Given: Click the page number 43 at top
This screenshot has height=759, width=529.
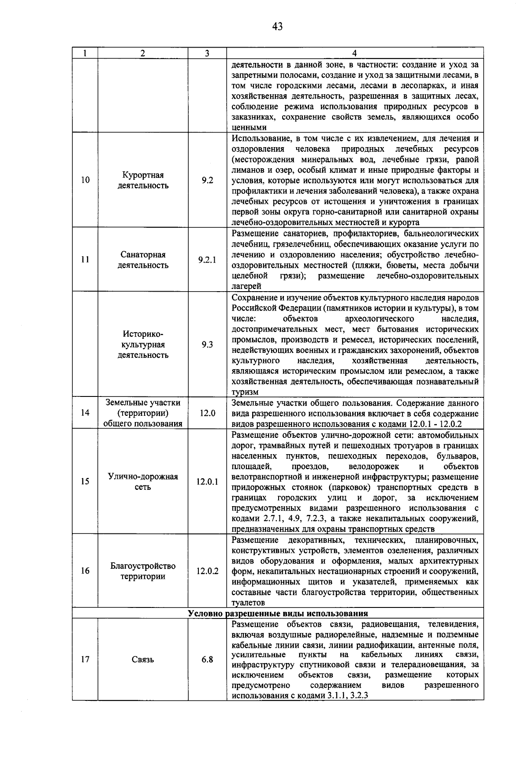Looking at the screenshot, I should click(x=277, y=27).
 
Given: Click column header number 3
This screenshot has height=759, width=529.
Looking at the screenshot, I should click(x=207, y=53).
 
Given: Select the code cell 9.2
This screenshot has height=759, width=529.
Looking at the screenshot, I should click(x=207, y=180).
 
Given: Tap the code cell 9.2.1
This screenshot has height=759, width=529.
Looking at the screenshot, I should click(x=207, y=260).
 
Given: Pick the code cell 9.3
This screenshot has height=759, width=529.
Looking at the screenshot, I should click(x=207, y=345).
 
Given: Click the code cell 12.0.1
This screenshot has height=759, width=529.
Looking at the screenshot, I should click(x=207, y=482).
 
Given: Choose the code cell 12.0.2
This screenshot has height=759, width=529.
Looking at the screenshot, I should click(x=207, y=571).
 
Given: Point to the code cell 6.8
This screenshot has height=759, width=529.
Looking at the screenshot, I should click(x=207, y=659).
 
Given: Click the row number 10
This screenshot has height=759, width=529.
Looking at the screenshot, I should click(x=85, y=180).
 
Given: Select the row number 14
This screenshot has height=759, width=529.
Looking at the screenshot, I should click(x=85, y=413).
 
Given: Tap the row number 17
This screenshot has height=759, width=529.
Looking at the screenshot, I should click(x=85, y=659).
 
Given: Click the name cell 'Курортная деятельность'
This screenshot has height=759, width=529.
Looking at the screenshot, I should click(x=143, y=181).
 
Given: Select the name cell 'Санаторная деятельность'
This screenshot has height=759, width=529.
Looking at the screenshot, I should click(x=143, y=260).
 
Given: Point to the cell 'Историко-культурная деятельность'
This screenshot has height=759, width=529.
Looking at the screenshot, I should click(x=143, y=344).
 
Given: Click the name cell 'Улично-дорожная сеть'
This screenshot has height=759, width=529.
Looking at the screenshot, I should click(x=143, y=482).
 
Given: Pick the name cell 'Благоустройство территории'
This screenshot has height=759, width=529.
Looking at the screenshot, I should click(x=143, y=571).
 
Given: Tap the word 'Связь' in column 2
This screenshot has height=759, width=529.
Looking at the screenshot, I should click(x=143, y=660).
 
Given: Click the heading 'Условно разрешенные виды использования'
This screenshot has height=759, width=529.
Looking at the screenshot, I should click(x=278, y=614).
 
